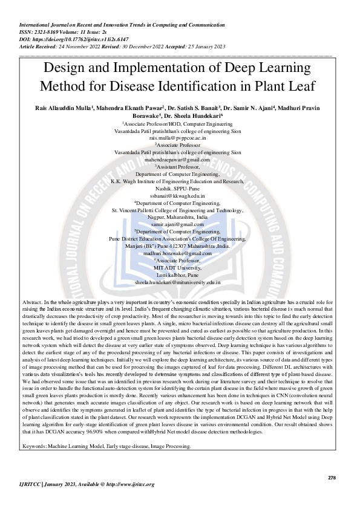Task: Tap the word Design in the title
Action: tap(66, 68)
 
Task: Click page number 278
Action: tap(331, 478)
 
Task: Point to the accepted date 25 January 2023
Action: tap(197, 45)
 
